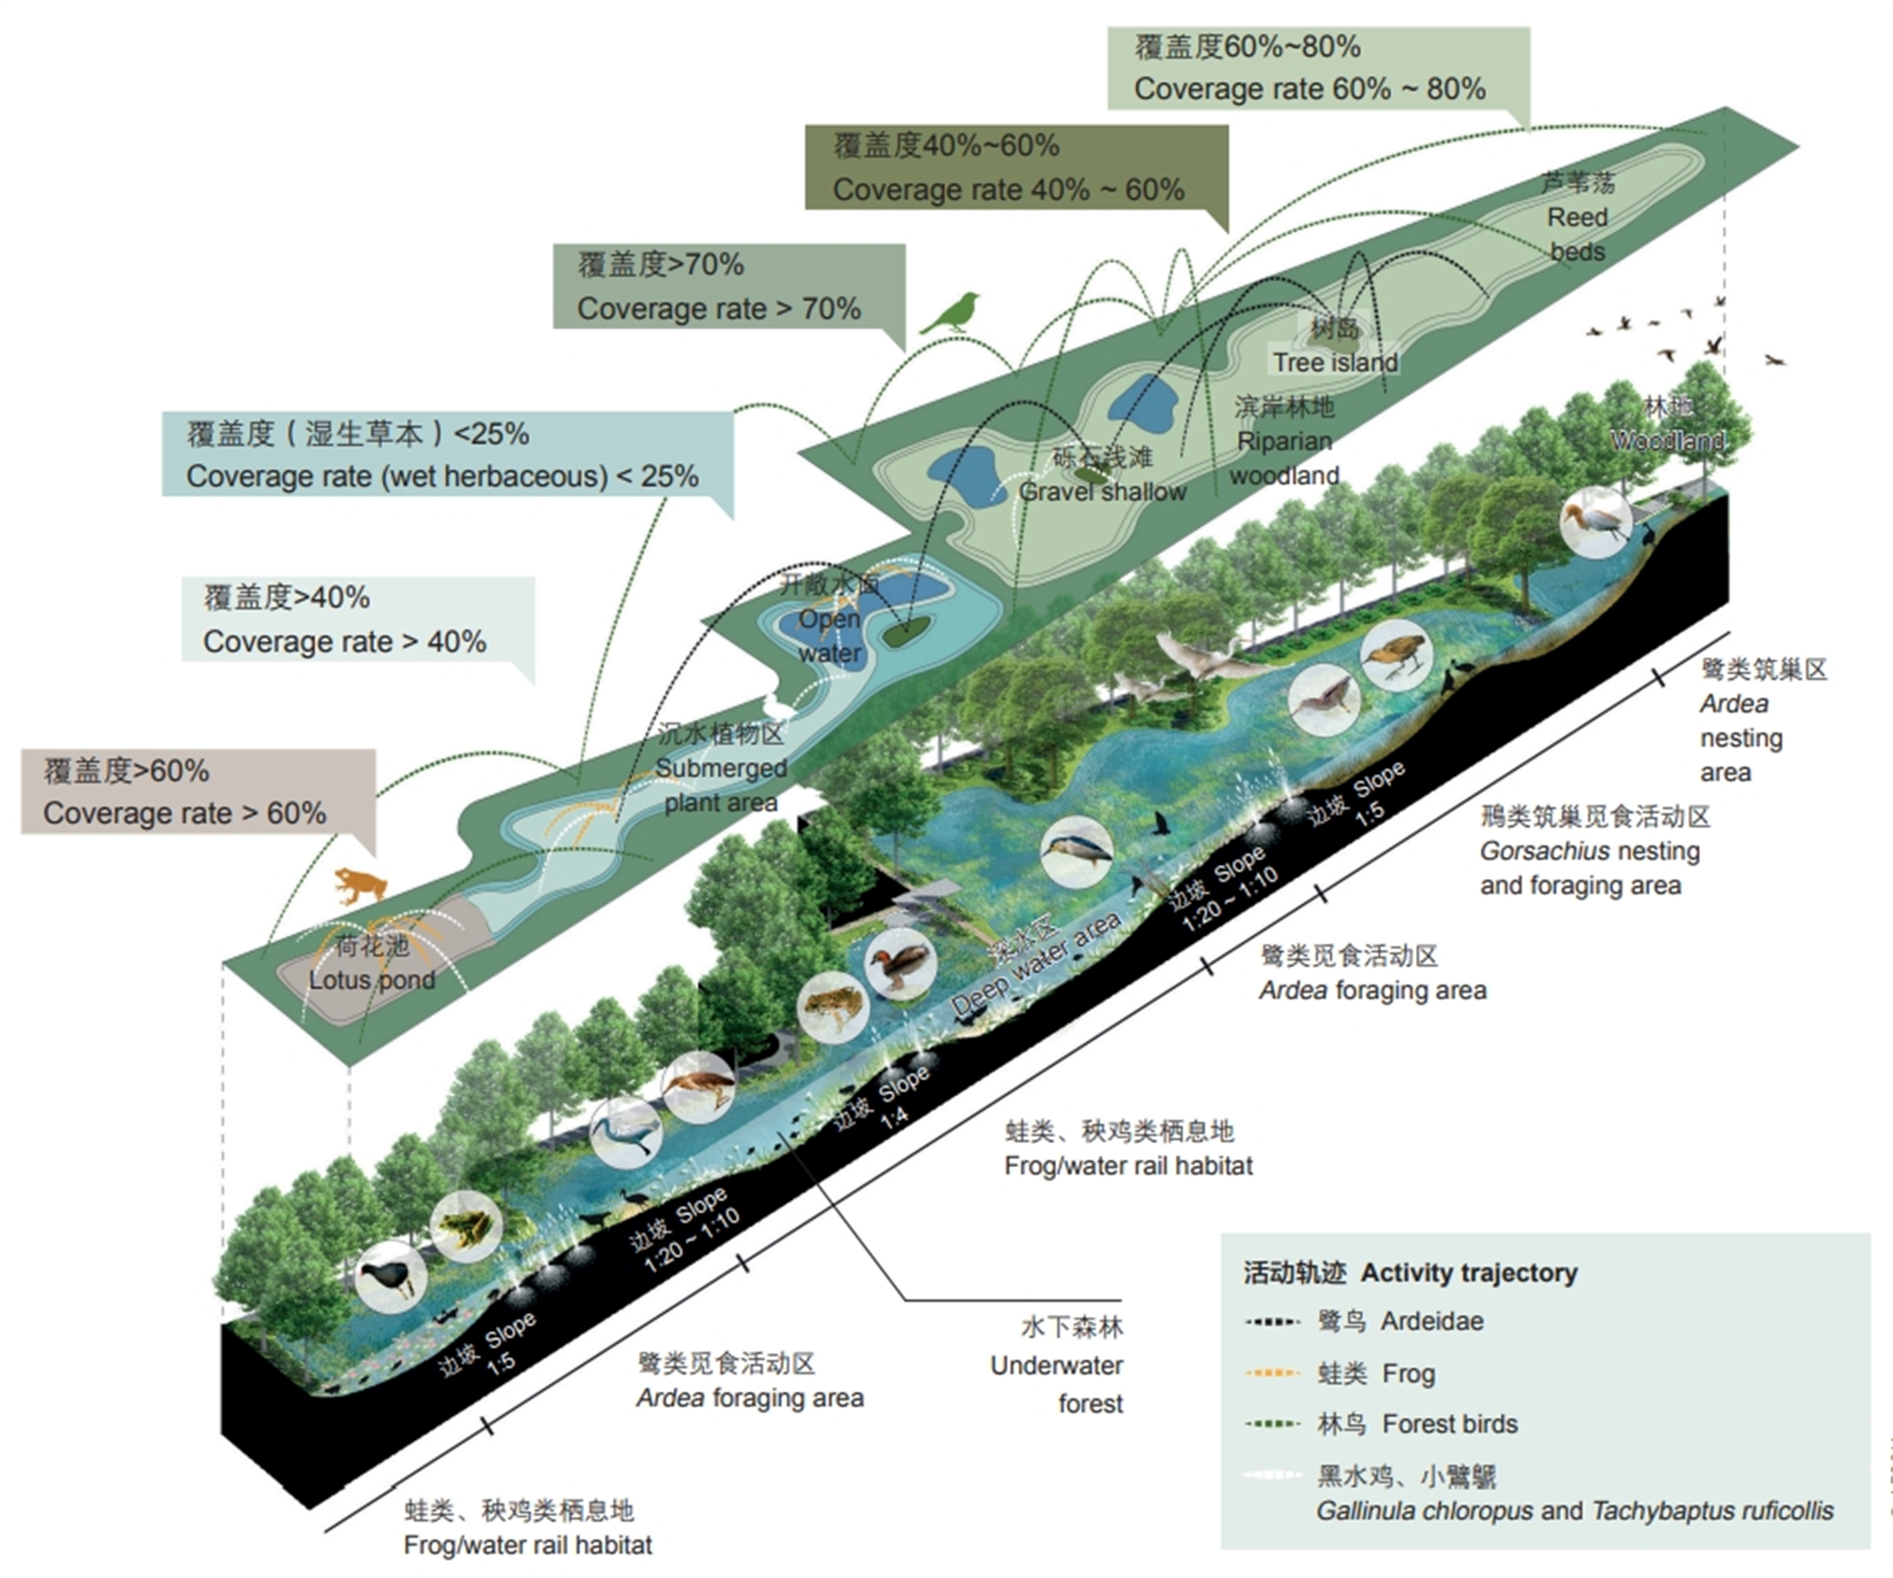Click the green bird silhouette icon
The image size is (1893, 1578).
[x=952, y=313]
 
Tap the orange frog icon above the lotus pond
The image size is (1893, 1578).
[x=360, y=885]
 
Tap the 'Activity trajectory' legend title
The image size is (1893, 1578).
[x=1410, y=1272]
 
